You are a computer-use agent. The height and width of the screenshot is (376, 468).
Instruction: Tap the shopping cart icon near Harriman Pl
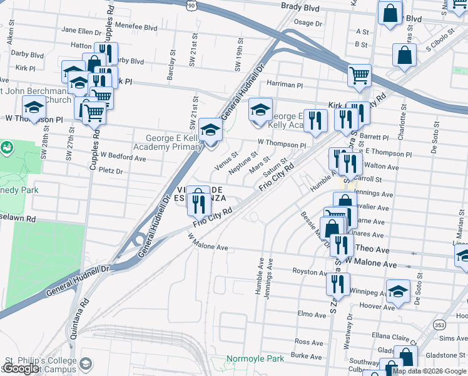(359, 75)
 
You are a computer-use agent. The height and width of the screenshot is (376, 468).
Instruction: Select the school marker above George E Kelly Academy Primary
(211, 130)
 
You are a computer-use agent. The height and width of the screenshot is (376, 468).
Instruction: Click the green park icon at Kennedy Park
(7, 148)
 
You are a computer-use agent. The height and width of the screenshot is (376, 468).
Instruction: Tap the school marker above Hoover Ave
(398, 291)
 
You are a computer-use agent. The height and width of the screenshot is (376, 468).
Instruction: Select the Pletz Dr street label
(111, 170)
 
